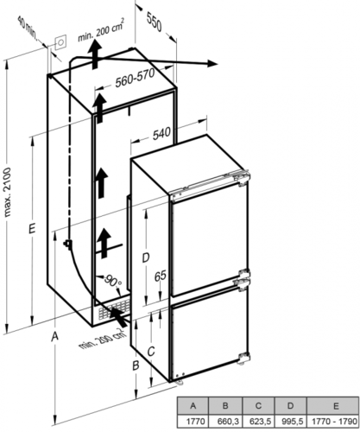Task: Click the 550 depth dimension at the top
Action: [x=154, y=22]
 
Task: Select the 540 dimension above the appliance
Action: [x=161, y=134]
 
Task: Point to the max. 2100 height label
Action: [x=8, y=192]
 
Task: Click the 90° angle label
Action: [x=112, y=281]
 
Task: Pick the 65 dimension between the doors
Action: [x=161, y=276]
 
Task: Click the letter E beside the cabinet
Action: [x=32, y=229]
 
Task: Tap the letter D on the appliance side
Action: [x=146, y=257]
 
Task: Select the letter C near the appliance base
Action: [x=151, y=351]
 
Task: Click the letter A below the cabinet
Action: [x=54, y=336]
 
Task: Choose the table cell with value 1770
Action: [x=193, y=422]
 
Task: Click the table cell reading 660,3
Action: [x=225, y=422]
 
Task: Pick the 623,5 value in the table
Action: [x=258, y=422]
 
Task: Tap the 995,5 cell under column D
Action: [x=291, y=422]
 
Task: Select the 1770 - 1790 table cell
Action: [x=333, y=422]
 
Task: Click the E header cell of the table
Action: [x=333, y=406]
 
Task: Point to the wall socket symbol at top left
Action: [x=60, y=43]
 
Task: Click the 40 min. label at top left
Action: [x=28, y=29]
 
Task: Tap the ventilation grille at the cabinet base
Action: [x=113, y=308]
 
